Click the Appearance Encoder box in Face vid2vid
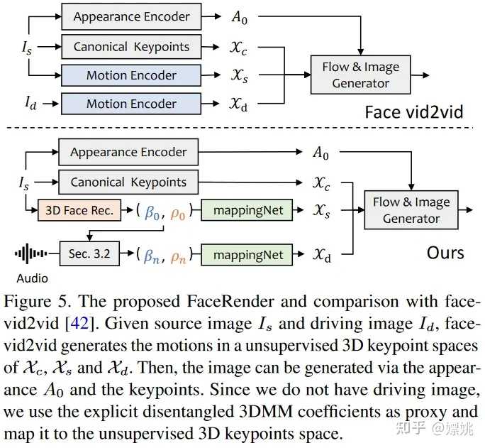pos(131,16)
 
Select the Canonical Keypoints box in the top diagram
pos(131,48)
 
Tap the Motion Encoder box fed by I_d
pos(131,104)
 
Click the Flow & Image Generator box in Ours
pos(411,210)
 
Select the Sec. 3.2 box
pos(89,254)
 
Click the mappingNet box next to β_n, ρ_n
pos(247,255)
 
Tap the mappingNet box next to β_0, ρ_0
pos(247,211)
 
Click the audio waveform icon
pos(32,253)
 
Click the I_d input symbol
pos(30,104)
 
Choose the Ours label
pos(445,253)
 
